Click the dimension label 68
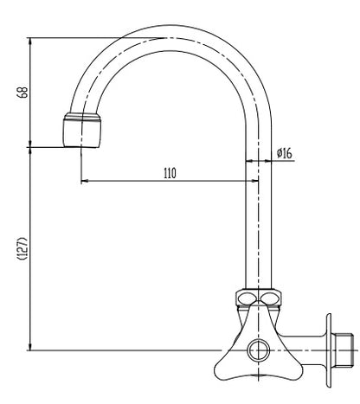22,93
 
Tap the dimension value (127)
22,249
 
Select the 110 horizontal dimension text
170,173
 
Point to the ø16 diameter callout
285,153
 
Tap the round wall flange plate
329,350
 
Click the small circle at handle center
259,350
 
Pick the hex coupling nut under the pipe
259,298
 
